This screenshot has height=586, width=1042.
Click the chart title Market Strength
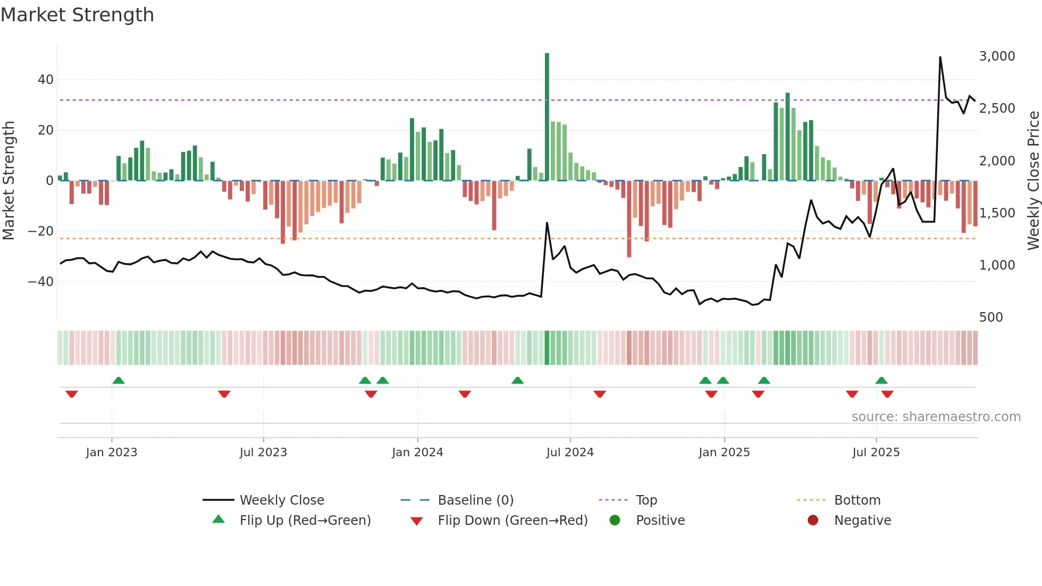[x=77, y=15]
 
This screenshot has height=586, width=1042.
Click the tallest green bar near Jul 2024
[x=547, y=117]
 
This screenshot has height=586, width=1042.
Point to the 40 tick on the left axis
[x=46, y=80]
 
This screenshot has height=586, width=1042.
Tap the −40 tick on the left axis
[x=41, y=281]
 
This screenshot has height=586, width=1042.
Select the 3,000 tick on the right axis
[x=997, y=56]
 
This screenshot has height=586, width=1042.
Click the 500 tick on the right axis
[x=990, y=317]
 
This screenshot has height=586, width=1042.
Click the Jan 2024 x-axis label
[x=417, y=453]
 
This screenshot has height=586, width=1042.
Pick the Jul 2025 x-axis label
[x=876, y=453]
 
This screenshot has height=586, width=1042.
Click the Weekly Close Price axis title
[x=1033, y=181]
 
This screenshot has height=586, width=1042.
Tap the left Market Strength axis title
[x=9, y=181]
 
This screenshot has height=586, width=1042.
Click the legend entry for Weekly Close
[x=281, y=500]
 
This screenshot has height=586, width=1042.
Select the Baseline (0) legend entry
[x=475, y=500]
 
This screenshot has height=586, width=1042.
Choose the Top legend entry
[x=646, y=500]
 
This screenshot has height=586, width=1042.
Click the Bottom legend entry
[x=857, y=500]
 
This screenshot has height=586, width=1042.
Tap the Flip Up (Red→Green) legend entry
[x=305, y=521]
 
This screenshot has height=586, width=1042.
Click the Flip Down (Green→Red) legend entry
[x=512, y=521]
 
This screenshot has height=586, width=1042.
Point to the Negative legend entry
[x=862, y=521]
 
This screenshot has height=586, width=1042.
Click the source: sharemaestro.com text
[x=936, y=417]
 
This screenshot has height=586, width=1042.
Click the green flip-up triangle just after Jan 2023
[x=119, y=381]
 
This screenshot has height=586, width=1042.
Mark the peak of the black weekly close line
[x=940, y=57]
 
